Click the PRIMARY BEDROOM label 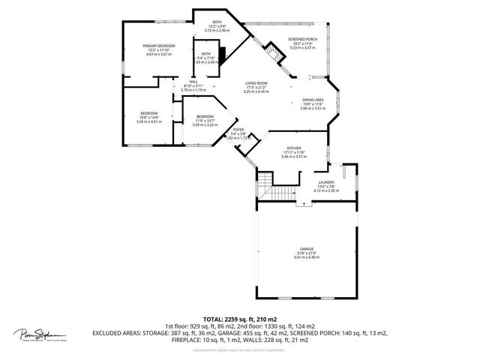click(x=160, y=46)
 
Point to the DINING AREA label click(x=313, y=100)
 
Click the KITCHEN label click(x=293, y=148)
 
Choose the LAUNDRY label click(x=326, y=182)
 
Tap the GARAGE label click(x=306, y=248)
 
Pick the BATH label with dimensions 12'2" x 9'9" click(x=217, y=22)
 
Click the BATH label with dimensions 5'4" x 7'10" click(x=205, y=54)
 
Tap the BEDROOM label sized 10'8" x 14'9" click(x=148, y=113)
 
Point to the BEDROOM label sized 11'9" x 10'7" click(x=205, y=116)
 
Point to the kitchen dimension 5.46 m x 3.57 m click(x=293, y=157)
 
